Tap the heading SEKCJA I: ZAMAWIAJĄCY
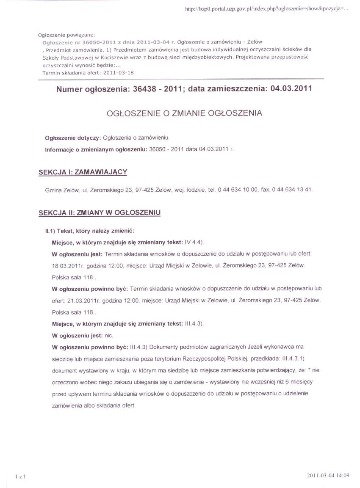[83, 172]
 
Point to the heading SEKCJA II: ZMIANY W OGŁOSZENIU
[99, 213]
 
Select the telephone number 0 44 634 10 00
[238, 190]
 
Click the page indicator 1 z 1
[21, 477]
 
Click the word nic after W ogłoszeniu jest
[109, 335]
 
